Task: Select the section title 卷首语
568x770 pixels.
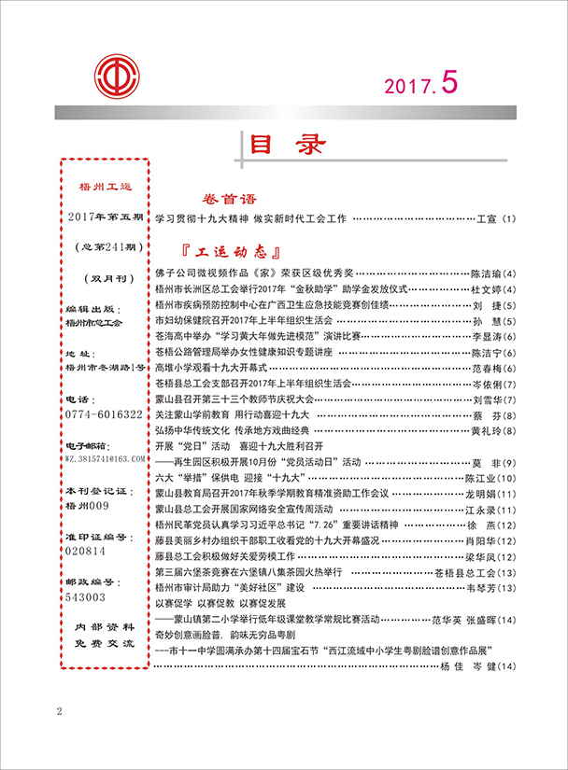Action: coord(229,200)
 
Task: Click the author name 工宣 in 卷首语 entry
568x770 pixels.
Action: coord(488,219)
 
